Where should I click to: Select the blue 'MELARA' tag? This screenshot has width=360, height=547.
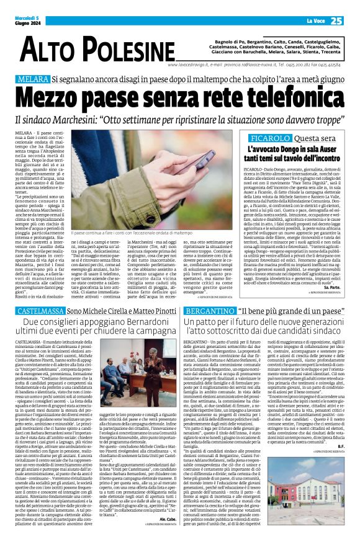pyautogui.click(x=33, y=79)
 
